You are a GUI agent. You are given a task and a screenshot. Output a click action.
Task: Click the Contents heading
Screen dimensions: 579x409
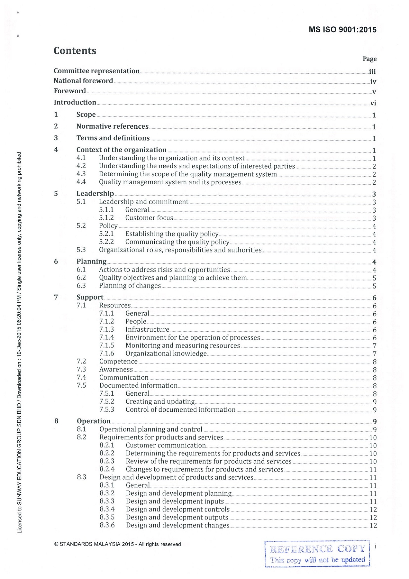(75, 51)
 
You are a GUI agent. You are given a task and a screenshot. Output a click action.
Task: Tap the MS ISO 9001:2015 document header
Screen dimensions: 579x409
(342, 30)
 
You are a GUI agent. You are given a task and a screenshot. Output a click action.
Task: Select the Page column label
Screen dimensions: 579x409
(369, 59)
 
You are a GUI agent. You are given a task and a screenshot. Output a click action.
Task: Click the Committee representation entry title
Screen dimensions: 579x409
(96, 71)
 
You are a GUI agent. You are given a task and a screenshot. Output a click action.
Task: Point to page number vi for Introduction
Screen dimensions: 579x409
(373, 103)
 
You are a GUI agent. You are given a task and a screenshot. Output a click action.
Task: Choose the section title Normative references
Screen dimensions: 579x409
(112, 126)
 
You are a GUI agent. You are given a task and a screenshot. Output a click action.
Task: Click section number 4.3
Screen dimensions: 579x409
(81, 174)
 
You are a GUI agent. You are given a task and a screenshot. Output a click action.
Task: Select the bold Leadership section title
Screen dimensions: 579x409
(95, 194)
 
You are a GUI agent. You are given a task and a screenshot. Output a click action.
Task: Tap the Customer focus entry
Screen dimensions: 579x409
(149, 218)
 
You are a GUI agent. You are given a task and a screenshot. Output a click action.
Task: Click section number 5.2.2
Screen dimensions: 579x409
(106, 242)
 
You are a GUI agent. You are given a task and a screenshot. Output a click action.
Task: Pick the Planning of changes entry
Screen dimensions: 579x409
(130, 286)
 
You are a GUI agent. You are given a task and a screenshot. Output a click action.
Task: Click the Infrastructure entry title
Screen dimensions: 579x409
(147, 329)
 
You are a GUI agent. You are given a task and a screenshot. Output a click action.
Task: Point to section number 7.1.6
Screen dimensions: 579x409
(107, 354)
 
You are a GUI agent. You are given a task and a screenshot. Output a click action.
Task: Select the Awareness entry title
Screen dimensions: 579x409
(116, 370)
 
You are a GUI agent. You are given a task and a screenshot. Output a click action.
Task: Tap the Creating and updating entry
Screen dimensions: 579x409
(160, 401)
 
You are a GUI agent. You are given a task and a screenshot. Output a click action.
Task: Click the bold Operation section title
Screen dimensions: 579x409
(94, 421)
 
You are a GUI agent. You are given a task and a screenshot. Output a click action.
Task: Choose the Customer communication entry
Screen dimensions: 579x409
(166, 446)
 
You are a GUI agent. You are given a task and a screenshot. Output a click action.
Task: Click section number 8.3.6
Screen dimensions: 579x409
(107, 525)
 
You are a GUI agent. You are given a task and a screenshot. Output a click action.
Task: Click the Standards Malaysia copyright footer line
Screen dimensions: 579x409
(118, 544)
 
